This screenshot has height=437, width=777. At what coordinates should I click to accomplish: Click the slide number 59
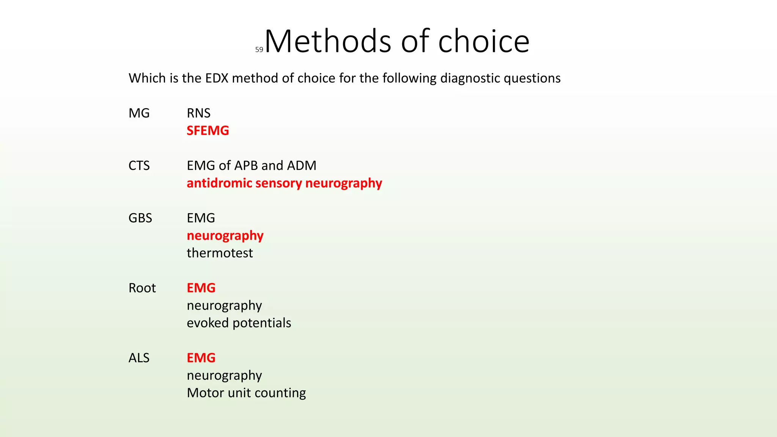tap(259, 50)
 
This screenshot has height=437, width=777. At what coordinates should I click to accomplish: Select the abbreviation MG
tap(139, 113)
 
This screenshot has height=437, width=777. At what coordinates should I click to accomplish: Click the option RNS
tap(198, 113)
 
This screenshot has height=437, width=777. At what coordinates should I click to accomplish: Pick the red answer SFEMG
tap(208, 130)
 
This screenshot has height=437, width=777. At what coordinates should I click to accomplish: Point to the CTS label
tap(139, 165)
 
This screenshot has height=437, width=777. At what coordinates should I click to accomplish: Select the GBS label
tap(140, 218)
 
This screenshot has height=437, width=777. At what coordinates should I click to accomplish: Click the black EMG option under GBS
tap(201, 218)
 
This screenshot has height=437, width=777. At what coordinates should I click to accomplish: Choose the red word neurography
tap(225, 236)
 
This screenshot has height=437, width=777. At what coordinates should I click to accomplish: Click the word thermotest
tap(220, 253)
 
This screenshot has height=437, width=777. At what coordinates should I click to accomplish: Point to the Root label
tap(142, 288)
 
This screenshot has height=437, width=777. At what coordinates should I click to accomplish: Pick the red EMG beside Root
tap(201, 288)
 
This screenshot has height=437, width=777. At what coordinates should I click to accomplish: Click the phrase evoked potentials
tap(239, 323)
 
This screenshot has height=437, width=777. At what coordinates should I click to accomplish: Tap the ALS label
tap(139, 358)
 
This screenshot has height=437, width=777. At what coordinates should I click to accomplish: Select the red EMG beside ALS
tap(201, 358)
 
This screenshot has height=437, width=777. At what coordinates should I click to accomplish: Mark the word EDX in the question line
tap(217, 78)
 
